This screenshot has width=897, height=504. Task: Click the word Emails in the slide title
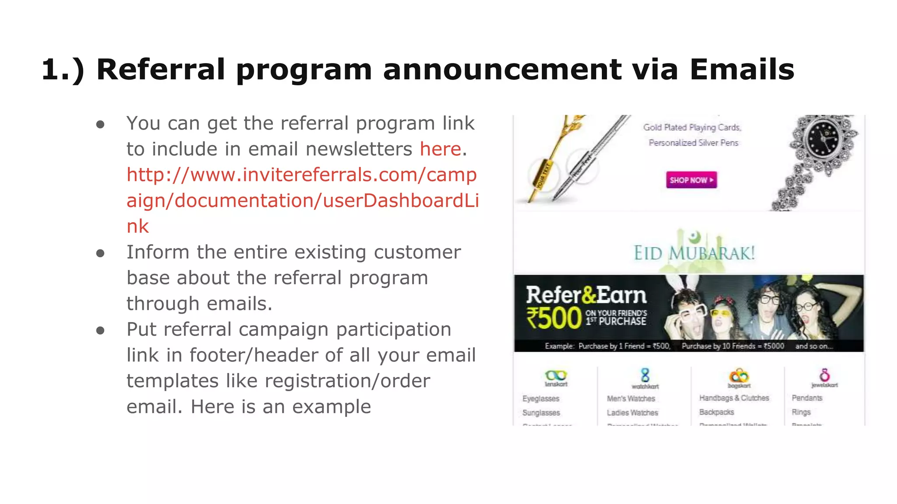click(x=742, y=70)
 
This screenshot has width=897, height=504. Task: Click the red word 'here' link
click(x=440, y=149)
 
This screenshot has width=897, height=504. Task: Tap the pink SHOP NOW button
click(x=691, y=180)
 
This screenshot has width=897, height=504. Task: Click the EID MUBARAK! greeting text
click(x=694, y=253)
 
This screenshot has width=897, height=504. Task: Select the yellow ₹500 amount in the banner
click(x=554, y=318)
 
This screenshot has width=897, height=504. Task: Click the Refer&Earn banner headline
click(x=586, y=295)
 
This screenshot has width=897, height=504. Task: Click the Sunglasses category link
click(x=541, y=413)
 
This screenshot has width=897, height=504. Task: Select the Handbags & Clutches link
click(x=734, y=398)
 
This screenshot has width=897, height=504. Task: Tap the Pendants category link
click(x=807, y=398)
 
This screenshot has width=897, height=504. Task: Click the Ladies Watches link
click(x=632, y=413)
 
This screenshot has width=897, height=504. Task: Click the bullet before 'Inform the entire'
click(x=100, y=253)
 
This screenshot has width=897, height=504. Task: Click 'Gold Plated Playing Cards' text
click(x=692, y=127)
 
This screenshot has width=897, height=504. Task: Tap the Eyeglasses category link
click(x=540, y=399)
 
